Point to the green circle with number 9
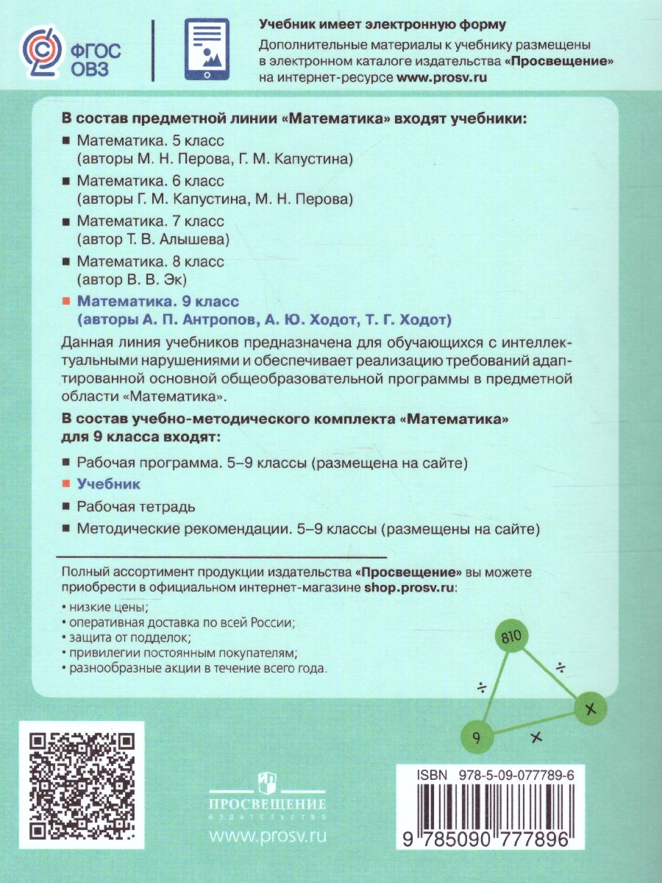(x=476, y=737)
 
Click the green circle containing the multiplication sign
(x=588, y=709)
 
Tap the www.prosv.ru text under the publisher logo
(x=268, y=836)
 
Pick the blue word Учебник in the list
(x=109, y=485)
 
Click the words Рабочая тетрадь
(x=136, y=506)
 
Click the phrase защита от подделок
(x=130, y=636)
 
